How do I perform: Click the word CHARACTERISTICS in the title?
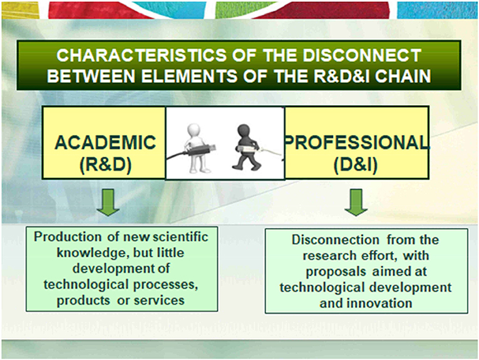[142, 55]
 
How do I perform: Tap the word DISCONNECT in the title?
[362, 55]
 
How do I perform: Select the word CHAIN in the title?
[403, 76]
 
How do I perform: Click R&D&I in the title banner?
[342, 76]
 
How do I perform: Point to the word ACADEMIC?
[105, 142]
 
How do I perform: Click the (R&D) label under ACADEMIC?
[106, 165]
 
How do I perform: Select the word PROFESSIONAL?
[356, 142]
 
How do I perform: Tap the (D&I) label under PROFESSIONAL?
[356, 165]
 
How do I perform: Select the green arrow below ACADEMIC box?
[108, 202]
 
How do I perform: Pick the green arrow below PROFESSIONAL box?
[356, 202]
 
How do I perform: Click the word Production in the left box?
[68, 237]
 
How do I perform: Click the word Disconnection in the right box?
[336, 240]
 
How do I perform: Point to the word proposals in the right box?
[336, 272]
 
